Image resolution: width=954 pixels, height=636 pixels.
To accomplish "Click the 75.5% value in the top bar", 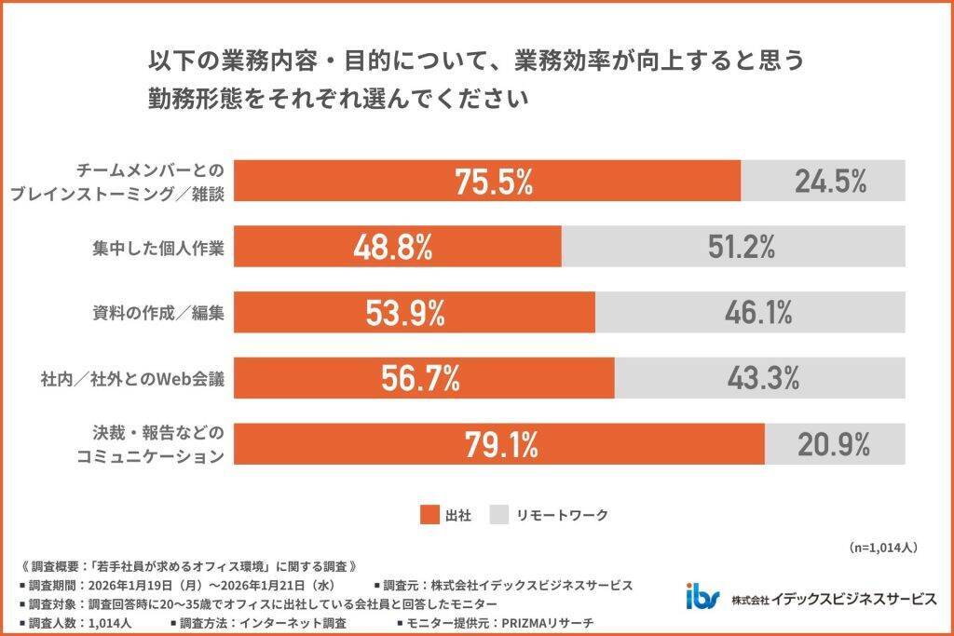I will (494, 182).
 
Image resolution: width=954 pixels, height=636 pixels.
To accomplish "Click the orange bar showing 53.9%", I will (414, 313).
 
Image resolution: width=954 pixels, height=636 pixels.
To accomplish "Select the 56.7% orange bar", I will (423, 378).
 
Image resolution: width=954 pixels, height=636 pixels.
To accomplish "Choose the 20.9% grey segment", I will (835, 444).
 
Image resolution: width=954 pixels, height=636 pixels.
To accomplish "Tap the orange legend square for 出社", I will (429, 514).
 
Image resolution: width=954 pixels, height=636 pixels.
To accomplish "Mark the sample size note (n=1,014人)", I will (884, 548).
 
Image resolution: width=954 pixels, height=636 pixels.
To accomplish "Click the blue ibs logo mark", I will (702, 597).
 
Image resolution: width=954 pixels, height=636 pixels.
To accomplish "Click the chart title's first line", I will (474, 61).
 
